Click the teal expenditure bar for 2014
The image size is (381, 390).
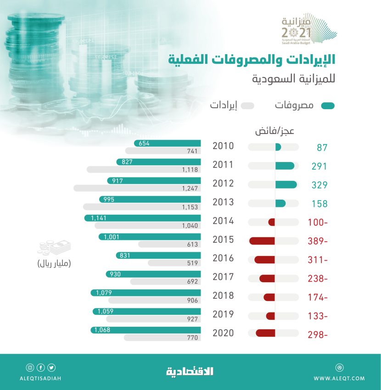[x=143, y=218]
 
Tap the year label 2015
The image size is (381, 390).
[x=223, y=240]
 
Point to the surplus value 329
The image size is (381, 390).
[x=319, y=185]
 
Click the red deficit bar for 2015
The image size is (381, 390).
[x=262, y=241]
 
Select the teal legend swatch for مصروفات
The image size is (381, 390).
[x=328, y=106]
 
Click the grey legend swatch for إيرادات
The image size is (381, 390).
[x=247, y=106]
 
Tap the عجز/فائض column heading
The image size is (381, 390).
[x=275, y=131]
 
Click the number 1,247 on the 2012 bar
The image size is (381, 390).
[x=190, y=188]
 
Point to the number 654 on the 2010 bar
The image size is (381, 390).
[x=144, y=143]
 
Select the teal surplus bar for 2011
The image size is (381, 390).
[x=285, y=166]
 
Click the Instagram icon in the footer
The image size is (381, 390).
[x=30, y=367]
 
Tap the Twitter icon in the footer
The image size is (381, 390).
[x=51, y=367]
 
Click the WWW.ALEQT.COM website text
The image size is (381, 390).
[x=339, y=379]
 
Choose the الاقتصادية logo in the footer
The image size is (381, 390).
[x=190, y=372]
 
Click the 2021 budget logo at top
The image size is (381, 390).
[x=308, y=30]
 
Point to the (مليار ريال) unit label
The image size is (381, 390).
[x=55, y=263]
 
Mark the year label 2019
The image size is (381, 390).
[x=223, y=315]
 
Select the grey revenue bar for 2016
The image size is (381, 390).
[x=174, y=263]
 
